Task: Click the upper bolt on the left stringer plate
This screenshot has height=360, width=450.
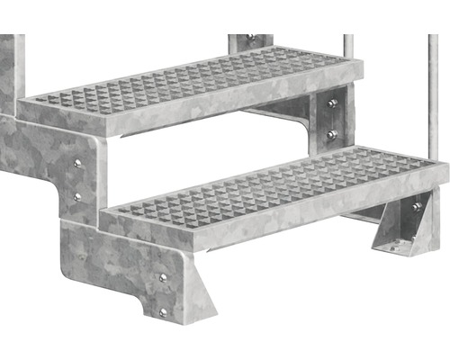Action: click(x=76, y=163)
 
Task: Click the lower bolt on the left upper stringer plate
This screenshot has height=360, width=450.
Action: click(x=76, y=195)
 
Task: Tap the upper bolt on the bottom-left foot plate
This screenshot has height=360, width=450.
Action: click(x=162, y=278)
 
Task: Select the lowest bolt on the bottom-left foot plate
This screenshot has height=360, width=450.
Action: click(x=162, y=311)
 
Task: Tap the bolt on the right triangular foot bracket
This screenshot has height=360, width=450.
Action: click(x=416, y=208)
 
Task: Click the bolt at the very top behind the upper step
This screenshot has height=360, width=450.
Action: click(x=250, y=39)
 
